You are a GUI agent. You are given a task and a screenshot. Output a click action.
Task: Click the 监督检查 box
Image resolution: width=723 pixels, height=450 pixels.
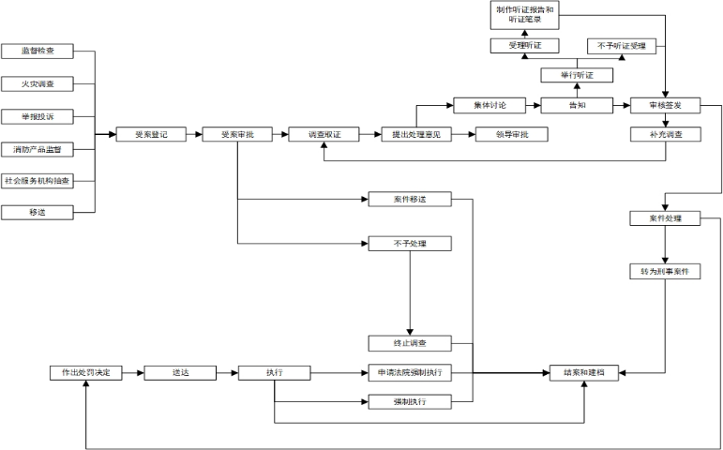[38, 52]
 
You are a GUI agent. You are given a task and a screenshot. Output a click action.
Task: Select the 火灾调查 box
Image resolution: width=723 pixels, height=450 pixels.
[38, 84]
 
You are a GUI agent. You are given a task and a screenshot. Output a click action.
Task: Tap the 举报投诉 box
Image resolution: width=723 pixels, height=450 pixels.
[38, 117]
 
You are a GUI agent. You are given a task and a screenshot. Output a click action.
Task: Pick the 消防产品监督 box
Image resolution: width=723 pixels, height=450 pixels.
[38, 150]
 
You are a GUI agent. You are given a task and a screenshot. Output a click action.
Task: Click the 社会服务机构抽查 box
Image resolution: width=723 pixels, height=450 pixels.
[38, 181]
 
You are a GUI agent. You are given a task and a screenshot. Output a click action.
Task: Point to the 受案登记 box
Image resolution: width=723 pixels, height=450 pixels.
[152, 135]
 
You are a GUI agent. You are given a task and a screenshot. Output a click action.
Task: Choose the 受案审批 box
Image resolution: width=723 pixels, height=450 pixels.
[237, 135]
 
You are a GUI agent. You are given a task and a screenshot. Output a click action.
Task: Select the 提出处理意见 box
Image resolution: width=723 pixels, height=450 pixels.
[416, 135]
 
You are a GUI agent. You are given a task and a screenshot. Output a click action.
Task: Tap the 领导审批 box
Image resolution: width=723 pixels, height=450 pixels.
[513, 135]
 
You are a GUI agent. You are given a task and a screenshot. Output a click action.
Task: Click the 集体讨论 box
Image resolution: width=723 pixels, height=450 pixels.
[488, 105]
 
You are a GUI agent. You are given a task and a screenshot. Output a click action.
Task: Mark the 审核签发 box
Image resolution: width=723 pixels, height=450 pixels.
[665, 105]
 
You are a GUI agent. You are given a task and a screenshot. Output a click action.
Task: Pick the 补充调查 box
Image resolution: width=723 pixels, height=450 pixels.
[665, 135]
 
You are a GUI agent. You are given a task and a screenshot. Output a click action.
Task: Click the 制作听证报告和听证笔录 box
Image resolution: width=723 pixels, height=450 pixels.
[525, 15]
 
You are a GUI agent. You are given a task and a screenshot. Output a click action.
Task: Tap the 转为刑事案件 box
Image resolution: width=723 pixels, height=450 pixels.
[665, 272]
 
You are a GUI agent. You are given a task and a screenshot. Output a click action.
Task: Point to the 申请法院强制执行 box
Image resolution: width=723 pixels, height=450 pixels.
[411, 372]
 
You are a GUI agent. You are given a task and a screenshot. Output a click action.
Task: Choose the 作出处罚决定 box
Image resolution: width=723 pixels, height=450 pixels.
[85, 372]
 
